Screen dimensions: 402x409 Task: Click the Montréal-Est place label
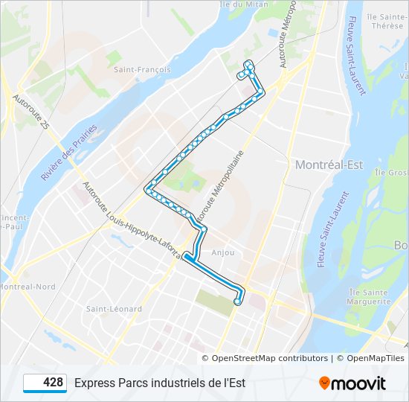click(329, 165)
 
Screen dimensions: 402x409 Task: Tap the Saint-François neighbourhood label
click(143, 69)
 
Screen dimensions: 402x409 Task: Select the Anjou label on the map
click(223, 252)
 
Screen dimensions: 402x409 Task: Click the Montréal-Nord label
click(28, 287)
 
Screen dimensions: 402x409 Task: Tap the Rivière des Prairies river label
click(69, 153)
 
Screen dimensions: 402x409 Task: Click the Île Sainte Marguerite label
click(368, 297)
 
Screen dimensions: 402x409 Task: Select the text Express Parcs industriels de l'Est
click(159, 383)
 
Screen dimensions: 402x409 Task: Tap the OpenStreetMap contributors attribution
click(269, 358)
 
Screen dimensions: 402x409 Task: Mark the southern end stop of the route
click(237, 301)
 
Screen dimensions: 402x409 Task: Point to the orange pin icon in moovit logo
click(324, 383)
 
